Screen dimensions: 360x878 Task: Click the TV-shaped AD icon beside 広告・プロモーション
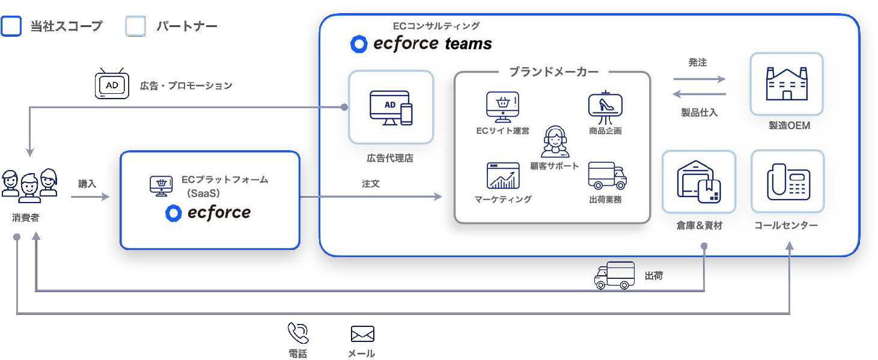point(112,85)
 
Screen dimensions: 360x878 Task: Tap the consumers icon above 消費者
point(29,185)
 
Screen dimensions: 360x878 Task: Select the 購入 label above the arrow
point(87,184)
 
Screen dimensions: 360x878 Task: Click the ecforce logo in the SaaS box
point(208,213)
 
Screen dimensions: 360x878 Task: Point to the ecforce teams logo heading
point(421,44)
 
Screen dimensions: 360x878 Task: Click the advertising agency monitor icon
point(391,108)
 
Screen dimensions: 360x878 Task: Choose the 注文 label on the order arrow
point(371,184)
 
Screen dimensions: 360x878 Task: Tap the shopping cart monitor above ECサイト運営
point(502,107)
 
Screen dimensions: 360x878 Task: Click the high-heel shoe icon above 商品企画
point(605,106)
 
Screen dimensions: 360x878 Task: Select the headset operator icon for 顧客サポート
point(553,142)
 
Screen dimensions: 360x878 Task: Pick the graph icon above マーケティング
point(502,175)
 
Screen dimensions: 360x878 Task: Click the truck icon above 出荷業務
point(607,175)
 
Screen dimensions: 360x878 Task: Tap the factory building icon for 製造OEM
point(786,84)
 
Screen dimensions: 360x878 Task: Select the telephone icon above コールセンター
point(787,182)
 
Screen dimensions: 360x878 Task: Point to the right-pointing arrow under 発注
point(699,79)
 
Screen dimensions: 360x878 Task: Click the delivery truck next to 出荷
point(614,276)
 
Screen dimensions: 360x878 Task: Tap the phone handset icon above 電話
point(297,333)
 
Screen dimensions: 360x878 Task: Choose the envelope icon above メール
point(362,334)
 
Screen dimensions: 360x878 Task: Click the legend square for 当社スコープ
point(11,26)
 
